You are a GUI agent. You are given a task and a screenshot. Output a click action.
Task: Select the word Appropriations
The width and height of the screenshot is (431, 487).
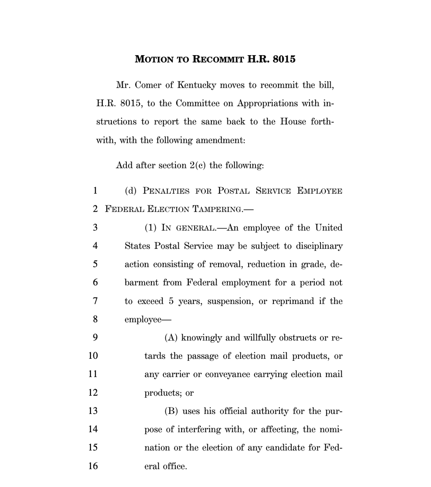pos(267,103)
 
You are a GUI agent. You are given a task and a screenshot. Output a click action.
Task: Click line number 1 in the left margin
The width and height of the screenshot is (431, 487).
pos(94,191)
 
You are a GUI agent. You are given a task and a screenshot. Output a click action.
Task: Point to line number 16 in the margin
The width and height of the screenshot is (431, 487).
pos(93,466)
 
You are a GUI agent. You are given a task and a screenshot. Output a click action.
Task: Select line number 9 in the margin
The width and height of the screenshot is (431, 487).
pos(94,338)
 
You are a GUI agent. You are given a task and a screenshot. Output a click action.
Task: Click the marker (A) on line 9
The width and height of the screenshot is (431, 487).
pos(171,338)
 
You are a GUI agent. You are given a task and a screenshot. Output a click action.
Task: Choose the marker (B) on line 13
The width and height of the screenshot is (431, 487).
pos(171,411)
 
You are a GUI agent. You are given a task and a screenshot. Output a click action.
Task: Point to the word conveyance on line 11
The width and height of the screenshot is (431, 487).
pos(227,374)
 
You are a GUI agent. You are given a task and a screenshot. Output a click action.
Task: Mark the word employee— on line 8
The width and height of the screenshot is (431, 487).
pos(143,319)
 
